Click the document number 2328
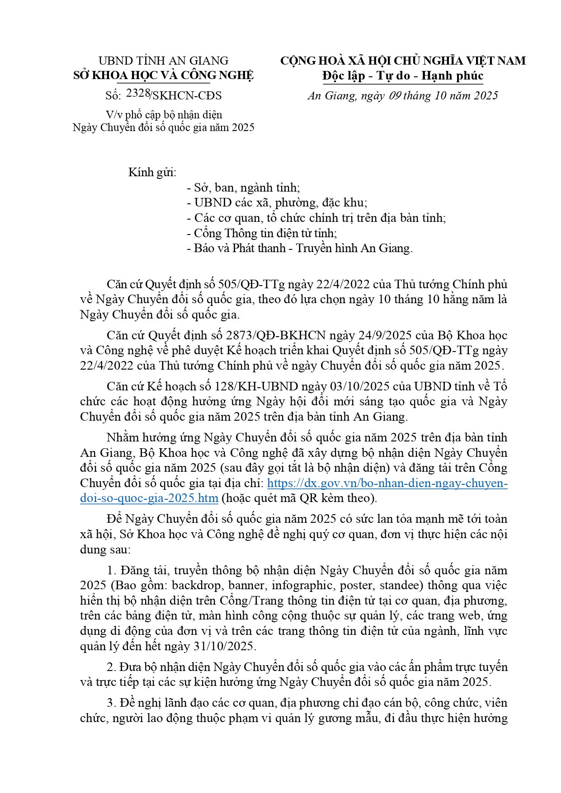pos(138,93)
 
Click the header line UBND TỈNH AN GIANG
pos(163,61)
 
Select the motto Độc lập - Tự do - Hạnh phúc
pos(403,75)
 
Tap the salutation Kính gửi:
pos(152,172)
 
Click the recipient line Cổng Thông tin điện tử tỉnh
pos(262,233)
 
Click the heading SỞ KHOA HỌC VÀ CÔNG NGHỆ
pos(163,75)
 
